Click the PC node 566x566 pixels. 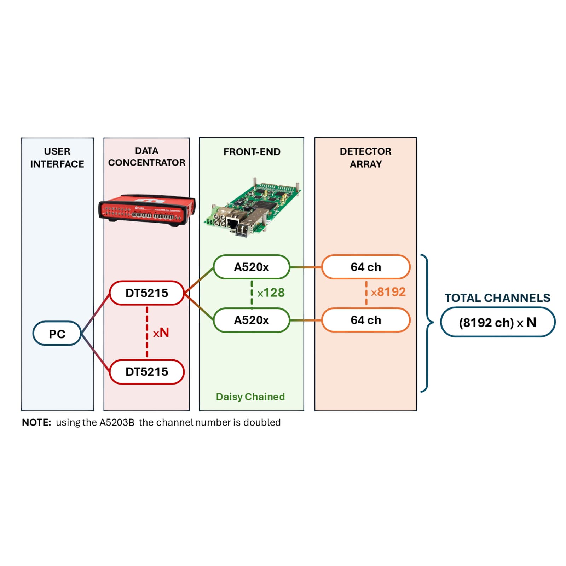click(x=57, y=333)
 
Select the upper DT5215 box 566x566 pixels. click(x=147, y=293)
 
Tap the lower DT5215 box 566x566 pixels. click(x=147, y=372)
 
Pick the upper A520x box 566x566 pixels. click(x=252, y=267)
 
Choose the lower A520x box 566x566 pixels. click(x=252, y=320)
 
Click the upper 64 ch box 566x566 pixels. click(x=366, y=267)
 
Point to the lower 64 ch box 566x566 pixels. click(x=366, y=320)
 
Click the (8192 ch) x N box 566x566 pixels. click(x=497, y=322)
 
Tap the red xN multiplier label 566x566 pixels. click(x=161, y=333)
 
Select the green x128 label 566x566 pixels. click(x=271, y=293)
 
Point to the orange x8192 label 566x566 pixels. click(x=388, y=292)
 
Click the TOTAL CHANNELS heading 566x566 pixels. click(x=497, y=298)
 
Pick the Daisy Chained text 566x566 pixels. click(x=250, y=397)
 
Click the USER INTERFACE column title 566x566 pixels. click(x=57, y=157)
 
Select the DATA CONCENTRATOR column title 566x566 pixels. click(x=147, y=156)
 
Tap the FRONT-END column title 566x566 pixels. click(x=252, y=152)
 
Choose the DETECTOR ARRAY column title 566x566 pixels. click(x=366, y=157)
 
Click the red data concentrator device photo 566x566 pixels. click(x=147, y=209)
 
